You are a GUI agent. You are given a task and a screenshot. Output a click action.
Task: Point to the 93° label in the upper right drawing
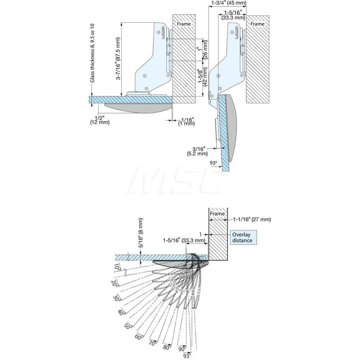214,163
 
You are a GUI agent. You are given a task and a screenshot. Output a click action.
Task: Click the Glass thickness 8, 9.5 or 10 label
93,53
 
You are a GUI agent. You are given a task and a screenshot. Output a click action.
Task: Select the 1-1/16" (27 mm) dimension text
252,219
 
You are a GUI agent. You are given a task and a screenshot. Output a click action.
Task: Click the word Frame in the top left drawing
184,24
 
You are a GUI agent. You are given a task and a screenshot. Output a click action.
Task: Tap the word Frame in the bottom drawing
217,213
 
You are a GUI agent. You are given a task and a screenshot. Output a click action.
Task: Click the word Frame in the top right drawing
257,24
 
